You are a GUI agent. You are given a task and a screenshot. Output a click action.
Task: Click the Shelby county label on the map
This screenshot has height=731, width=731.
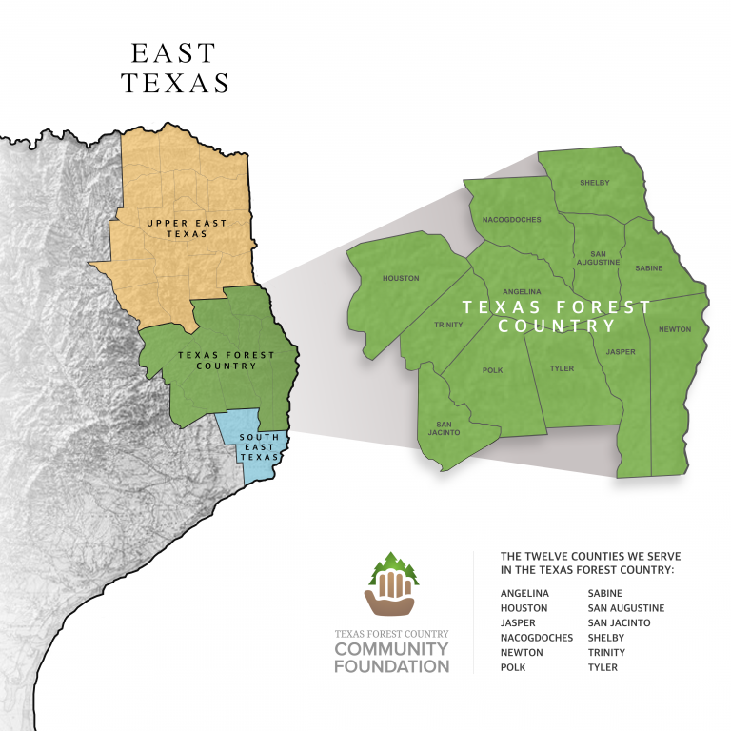click(x=594, y=182)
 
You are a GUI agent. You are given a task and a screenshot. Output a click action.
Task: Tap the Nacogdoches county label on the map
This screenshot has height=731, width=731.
click(x=511, y=220)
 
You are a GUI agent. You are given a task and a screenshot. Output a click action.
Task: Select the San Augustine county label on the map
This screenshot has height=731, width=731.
click(x=598, y=257)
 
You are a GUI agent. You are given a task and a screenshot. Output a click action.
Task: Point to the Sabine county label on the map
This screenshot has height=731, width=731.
click(x=648, y=269)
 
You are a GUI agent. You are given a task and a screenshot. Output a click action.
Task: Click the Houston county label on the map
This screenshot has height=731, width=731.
click(x=400, y=279)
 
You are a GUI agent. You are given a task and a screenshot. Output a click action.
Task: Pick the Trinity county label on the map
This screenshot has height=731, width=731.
click(x=448, y=325)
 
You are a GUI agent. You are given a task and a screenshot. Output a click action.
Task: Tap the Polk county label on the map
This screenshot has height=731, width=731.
click(x=492, y=370)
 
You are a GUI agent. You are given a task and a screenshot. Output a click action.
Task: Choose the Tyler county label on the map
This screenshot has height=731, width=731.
click(x=562, y=368)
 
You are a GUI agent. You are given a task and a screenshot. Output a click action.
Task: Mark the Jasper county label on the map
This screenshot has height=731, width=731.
click(x=621, y=352)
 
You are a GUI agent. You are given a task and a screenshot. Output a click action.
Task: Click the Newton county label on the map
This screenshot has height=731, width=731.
click(x=674, y=329)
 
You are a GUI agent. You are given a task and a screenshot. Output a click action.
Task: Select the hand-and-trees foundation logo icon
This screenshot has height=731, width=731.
click(x=391, y=585)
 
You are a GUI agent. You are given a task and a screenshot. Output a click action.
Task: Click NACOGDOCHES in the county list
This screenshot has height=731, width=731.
click(x=536, y=638)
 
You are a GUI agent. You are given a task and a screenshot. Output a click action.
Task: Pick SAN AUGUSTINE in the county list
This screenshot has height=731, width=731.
click(x=625, y=608)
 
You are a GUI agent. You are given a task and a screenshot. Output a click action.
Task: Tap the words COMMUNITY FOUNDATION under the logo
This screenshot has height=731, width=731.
click(x=391, y=658)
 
